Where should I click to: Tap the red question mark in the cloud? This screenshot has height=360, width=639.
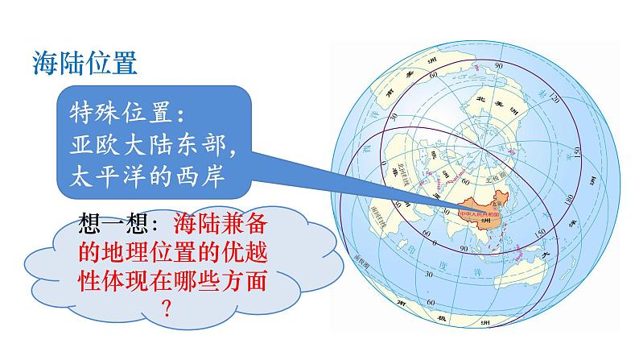(x=168, y=308)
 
